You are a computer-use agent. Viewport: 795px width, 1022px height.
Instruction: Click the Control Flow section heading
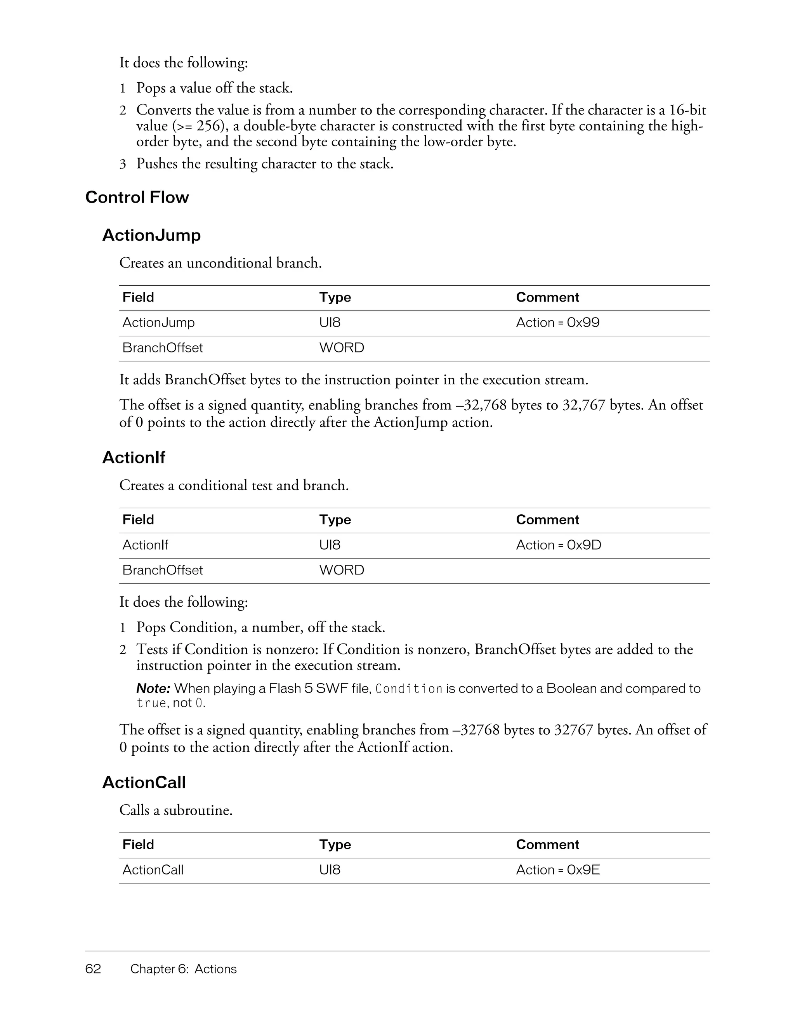(x=137, y=197)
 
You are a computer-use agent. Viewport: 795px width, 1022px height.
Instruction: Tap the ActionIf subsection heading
(x=134, y=457)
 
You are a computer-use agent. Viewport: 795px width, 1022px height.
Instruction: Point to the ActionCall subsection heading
(x=144, y=783)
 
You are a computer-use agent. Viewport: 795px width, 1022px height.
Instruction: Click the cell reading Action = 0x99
(x=557, y=323)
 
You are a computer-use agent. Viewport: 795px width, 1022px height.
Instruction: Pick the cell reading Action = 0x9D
(x=558, y=545)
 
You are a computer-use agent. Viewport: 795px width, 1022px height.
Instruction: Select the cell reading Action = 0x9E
(x=558, y=869)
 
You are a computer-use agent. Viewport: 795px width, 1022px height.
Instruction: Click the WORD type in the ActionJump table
(x=342, y=348)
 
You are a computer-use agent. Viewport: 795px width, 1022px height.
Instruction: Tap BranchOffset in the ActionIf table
(x=162, y=570)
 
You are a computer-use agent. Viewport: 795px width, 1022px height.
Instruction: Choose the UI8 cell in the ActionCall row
(x=330, y=869)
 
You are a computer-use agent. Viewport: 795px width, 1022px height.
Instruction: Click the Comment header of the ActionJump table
(x=547, y=297)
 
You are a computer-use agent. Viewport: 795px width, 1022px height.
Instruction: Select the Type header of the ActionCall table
(x=335, y=844)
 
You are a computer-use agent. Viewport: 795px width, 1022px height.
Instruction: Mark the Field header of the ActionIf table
(x=138, y=519)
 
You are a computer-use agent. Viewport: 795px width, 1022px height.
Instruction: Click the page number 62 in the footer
(x=93, y=969)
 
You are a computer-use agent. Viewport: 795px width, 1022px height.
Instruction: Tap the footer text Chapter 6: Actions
(x=184, y=969)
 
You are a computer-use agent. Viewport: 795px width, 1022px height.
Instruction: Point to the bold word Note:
(x=153, y=688)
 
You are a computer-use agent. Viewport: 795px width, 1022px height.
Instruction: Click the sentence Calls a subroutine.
(x=176, y=810)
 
